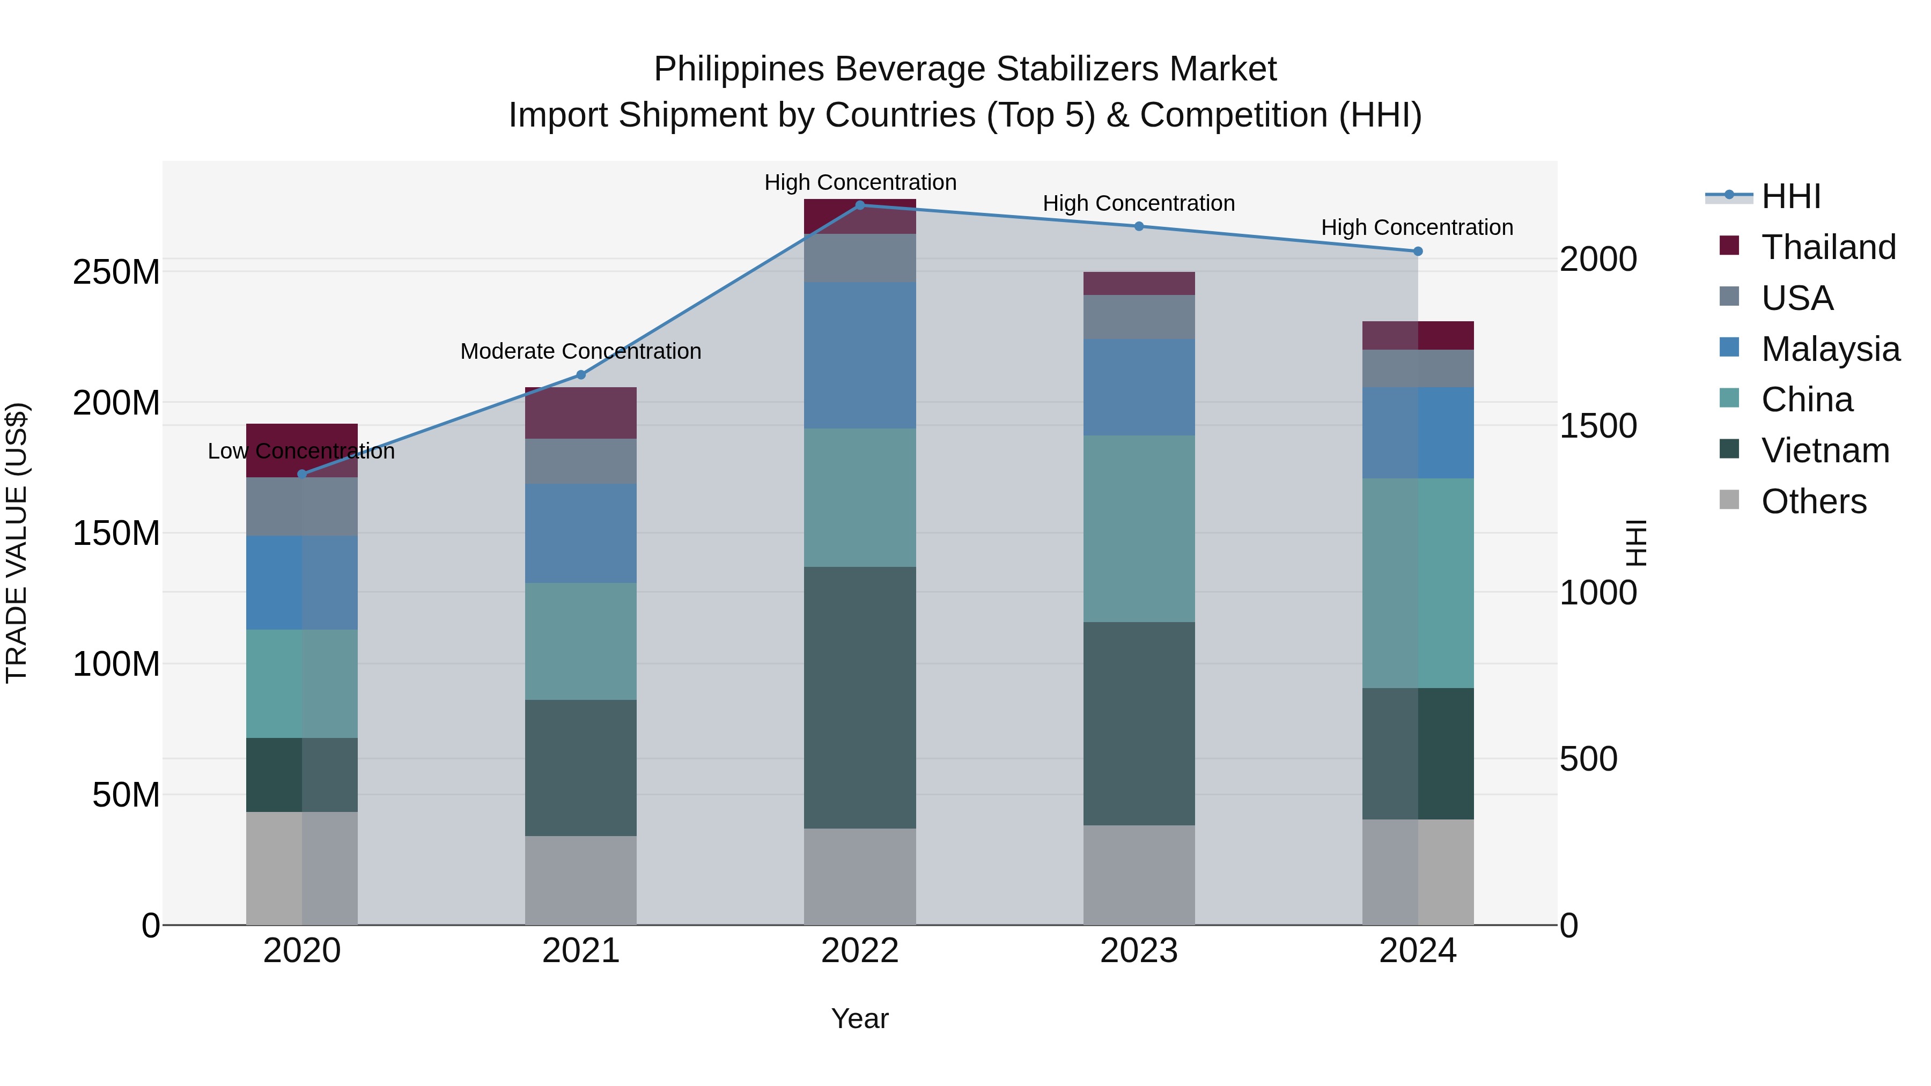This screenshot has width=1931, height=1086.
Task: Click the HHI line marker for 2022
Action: (860, 205)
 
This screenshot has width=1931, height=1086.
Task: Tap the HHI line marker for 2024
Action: (1418, 252)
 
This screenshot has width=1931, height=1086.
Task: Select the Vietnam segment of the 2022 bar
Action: (860, 697)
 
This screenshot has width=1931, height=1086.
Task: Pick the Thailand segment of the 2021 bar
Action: (581, 413)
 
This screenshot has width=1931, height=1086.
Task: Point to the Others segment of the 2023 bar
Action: (1139, 875)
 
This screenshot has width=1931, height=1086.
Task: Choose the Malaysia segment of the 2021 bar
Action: (581, 533)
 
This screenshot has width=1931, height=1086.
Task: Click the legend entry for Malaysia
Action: (1830, 349)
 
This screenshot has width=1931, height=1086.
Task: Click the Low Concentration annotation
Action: (300, 451)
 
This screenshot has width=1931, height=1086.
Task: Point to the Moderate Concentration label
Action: (581, 351)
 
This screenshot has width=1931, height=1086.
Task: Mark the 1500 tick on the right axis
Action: (1598, 426)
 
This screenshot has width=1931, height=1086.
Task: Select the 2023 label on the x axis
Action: (1139, 951)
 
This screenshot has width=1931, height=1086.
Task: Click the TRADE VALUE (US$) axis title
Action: (17, 543)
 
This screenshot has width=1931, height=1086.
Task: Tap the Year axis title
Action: (860, 1018)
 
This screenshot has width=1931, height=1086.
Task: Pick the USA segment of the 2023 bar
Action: (1139, 316)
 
